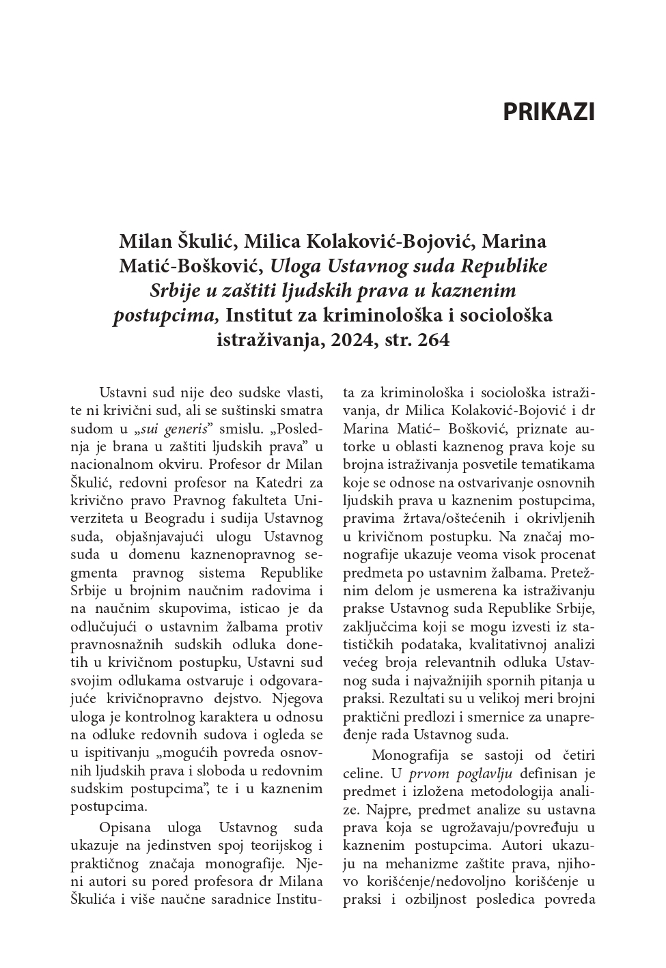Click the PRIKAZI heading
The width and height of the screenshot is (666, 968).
[549, 112]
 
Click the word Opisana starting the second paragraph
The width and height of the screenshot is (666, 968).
[126, 829]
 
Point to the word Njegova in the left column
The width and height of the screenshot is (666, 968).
[296, 698]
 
